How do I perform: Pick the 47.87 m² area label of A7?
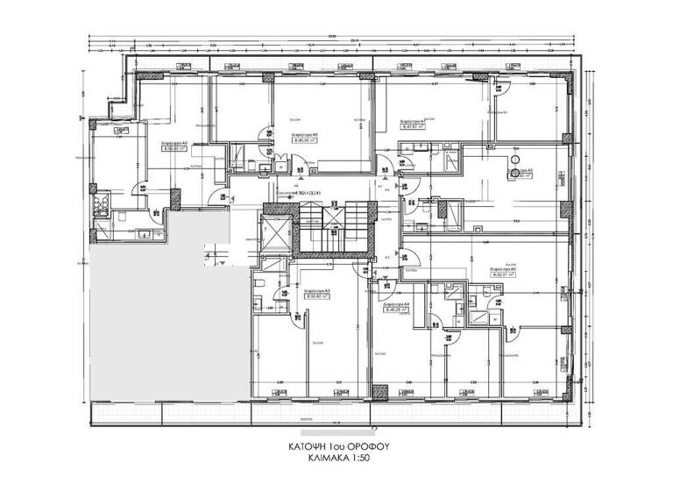point(413,126)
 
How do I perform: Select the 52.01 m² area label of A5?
point(501,274)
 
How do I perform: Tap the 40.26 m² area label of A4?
point(397,309)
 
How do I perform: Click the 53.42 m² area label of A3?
point(316,295)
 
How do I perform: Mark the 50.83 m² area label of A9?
point(175,148)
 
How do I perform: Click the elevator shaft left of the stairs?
point(274,231)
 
